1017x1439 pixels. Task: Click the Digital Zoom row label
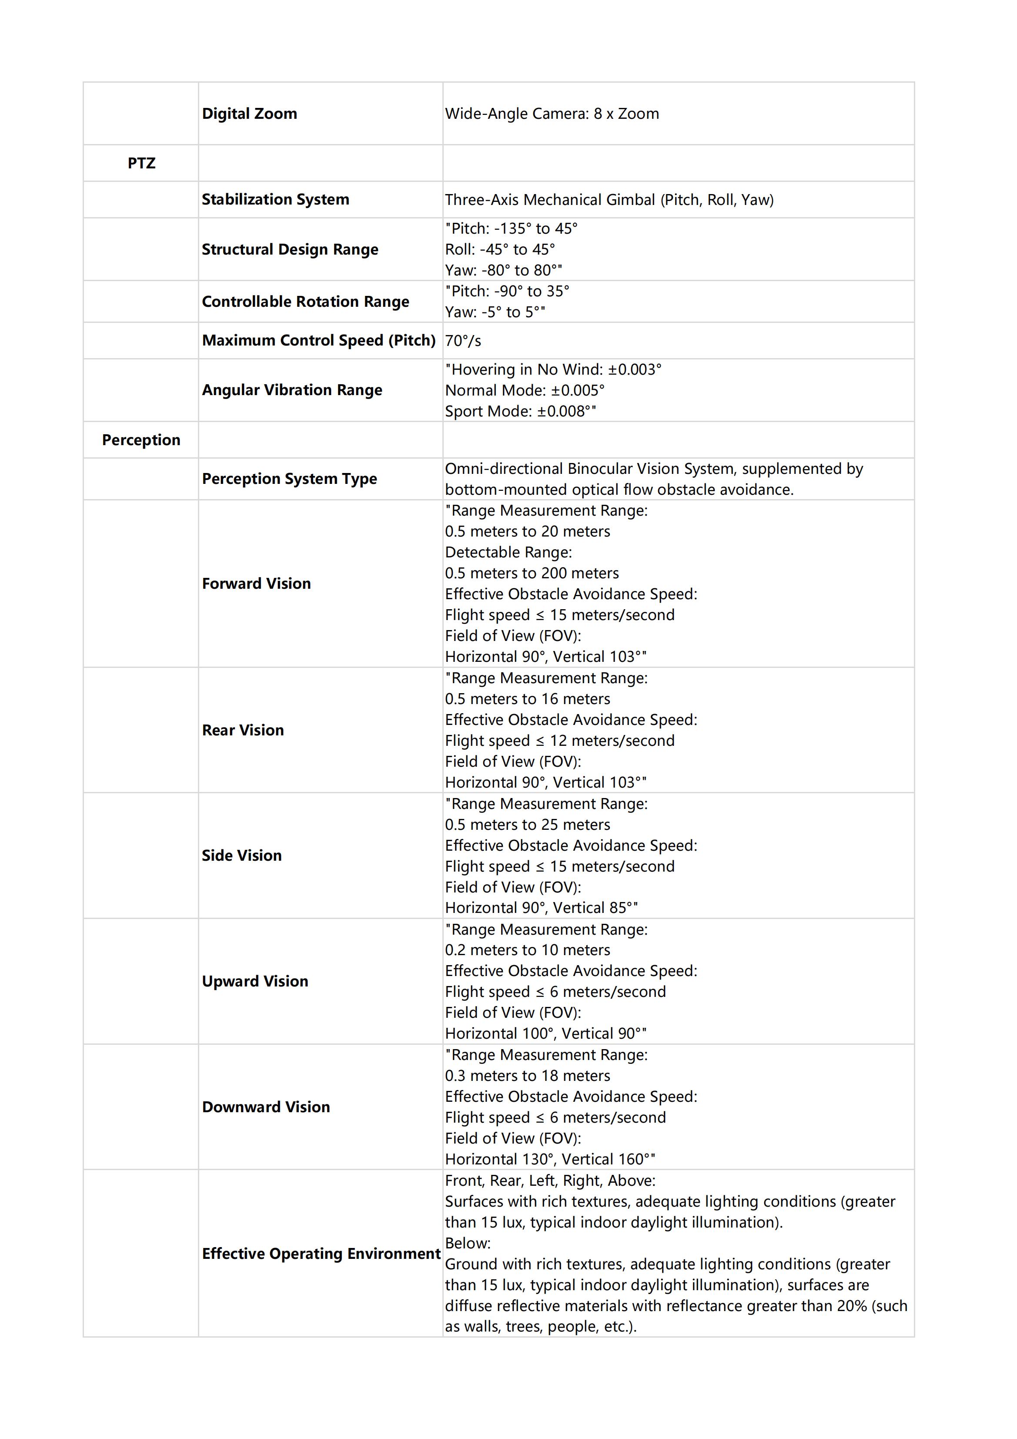pyautogui.click(x=249, y=114)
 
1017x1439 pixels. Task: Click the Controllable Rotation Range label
pyautogui.click(x=305, y=302)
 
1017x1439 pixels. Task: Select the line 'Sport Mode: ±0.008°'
pyautogui.click(x=520, y=411)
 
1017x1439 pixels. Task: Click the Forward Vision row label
pyautogui.click(x=256, y=584)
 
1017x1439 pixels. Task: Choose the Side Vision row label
pyautogui.click(x=241, y=855)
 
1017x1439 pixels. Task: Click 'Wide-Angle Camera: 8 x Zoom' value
pyautogui.click(x=552, y=114)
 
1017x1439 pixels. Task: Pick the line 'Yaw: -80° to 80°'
pyautogui.click(x=503, y=270)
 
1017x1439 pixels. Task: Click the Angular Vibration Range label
pyautogui.click(x=291, y=390)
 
